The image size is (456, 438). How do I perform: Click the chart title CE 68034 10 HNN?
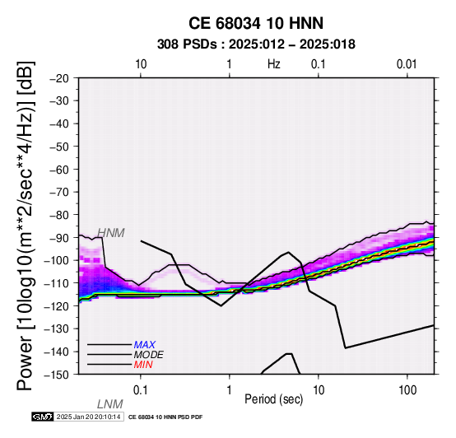point(256,23)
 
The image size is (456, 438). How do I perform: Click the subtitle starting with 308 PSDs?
point(256,44)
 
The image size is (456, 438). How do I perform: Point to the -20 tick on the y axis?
point(59,78)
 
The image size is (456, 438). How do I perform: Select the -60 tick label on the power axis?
point(59,170)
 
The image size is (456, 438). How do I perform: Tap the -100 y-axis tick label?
point(57,260)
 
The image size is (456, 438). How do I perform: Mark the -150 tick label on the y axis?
point(57,375)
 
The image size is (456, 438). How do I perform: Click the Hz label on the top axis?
point(274,64)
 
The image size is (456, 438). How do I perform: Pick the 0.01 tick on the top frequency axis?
point(407,64)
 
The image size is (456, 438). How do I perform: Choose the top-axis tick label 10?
point(141,64)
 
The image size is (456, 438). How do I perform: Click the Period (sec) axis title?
point(274,399)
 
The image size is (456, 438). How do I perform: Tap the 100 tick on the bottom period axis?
point(407,390)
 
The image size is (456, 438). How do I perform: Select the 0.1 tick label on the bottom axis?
point(141,390)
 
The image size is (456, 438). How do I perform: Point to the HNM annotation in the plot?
point(111,233)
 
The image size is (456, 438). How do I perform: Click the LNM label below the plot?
point(110,404)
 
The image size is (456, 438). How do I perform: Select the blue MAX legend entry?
point(145,345)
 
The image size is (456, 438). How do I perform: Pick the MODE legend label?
point(149,355)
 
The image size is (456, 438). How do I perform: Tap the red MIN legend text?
point(143,365)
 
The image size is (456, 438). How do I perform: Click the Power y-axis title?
point(26,226)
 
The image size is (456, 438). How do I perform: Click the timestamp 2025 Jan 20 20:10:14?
point(88,417)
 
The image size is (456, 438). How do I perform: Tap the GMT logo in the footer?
point(43,417)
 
